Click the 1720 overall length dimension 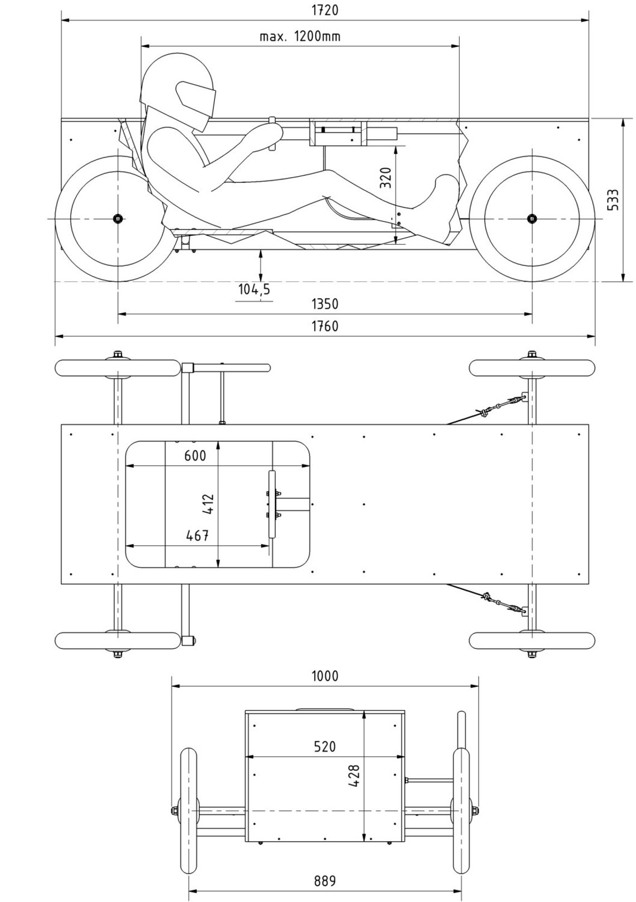click(x=324, y=10)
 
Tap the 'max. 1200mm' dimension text click(x=300, y=37)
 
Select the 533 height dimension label click(x=612, y=200)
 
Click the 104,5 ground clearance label click(x=254, y=289)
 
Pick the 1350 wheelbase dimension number click(x=324, y=304)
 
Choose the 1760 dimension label click(x=324, y=326)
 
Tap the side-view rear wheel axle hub click(x=118, y=218)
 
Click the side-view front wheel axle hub click(x=531, y=218)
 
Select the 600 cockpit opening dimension click(x=195, y=456)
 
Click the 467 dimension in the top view click(x=197, y=536)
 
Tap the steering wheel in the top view click(x=272, y=503)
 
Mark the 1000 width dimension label click(x=324, y=676)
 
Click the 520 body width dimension click(x=324, y=746)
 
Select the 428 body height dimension click(x=354, y=775)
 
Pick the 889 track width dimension click(x=324, y=881)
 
